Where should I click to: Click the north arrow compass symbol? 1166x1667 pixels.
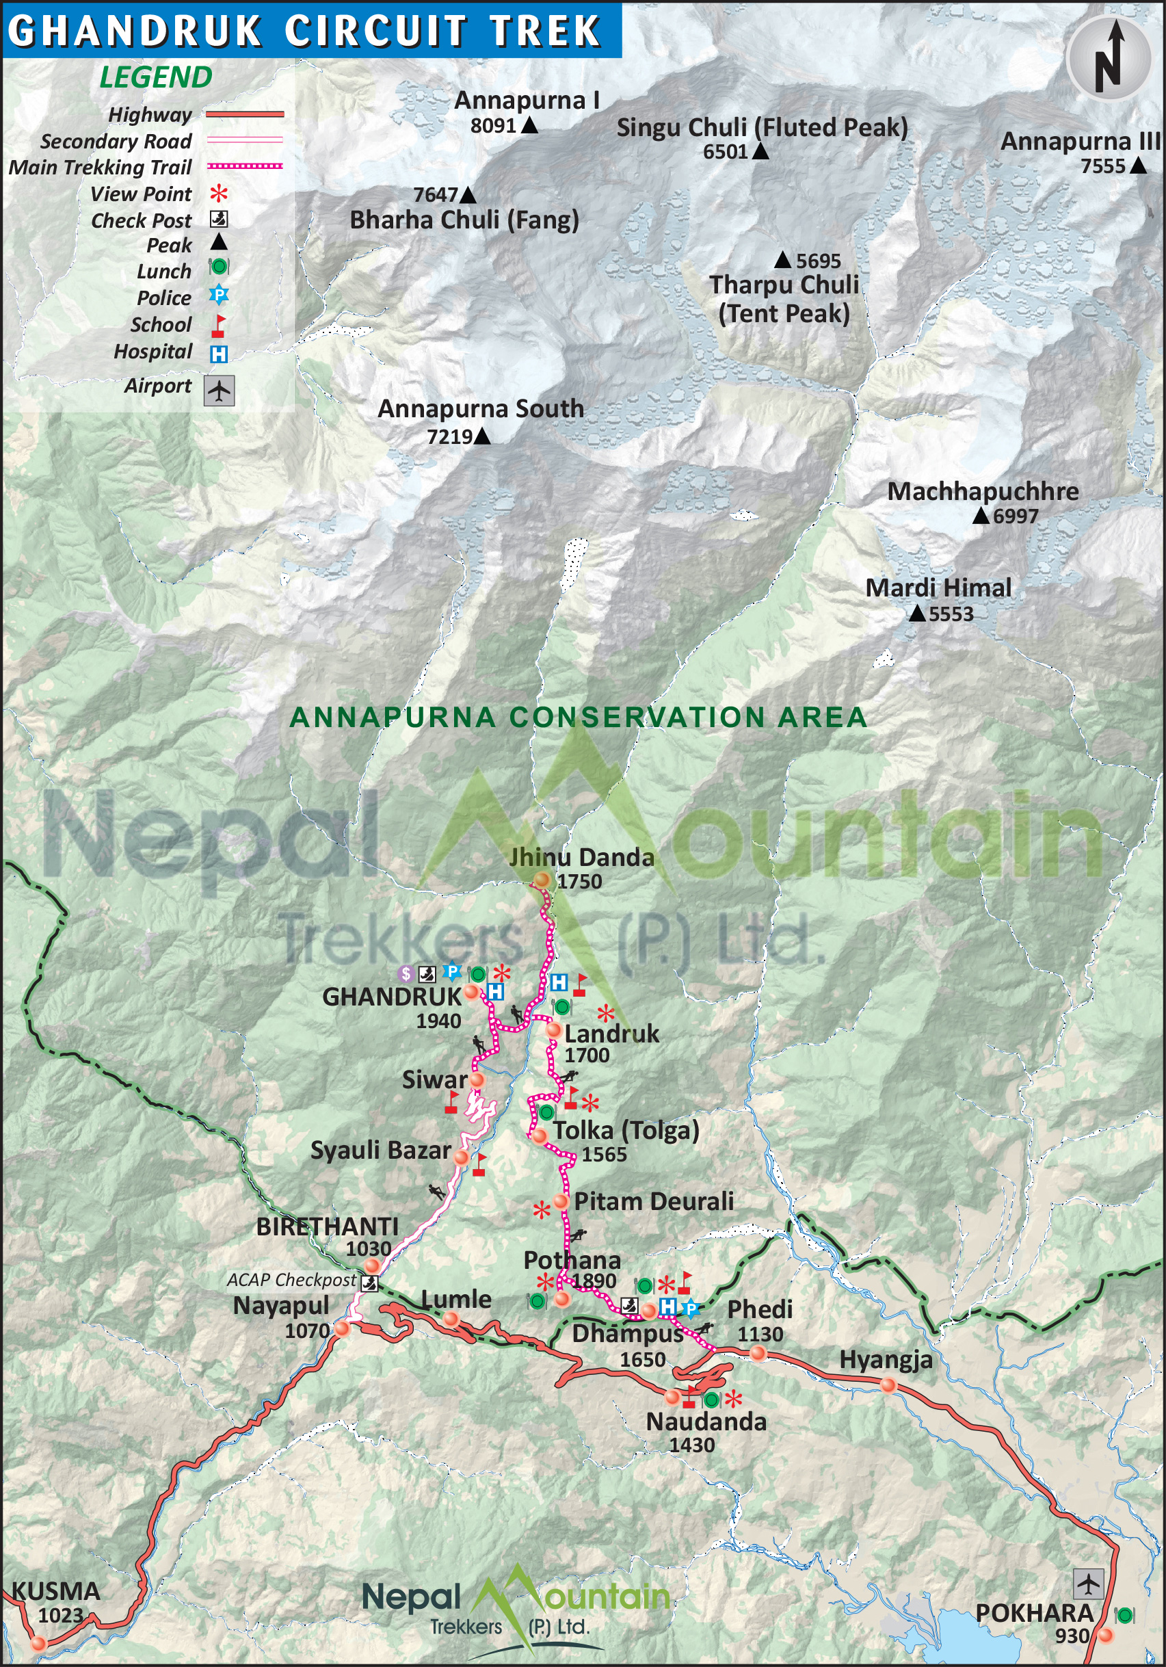[1109, 57]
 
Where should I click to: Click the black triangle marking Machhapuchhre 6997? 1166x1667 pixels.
[980, 516]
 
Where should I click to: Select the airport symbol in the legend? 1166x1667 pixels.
[219, 391]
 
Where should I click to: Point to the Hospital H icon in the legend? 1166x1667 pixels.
[219, 354]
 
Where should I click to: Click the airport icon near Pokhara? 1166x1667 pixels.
[1087, 1584]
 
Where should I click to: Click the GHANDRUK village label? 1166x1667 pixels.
[391, 997]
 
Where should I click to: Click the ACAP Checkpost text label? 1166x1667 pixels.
[291, 1280]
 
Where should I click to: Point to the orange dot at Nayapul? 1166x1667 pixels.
[342, 1328]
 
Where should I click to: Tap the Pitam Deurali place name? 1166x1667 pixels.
[653, 1202]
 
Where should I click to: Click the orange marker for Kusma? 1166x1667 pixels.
[38, 1644]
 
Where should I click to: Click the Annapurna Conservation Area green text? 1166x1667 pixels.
[578, 718]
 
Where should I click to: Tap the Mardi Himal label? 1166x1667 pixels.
[938, 588]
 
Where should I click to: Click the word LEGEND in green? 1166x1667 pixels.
[155, 77]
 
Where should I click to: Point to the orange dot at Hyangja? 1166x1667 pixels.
[887, 1386]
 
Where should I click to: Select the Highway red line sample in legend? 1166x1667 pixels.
[245, 114]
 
